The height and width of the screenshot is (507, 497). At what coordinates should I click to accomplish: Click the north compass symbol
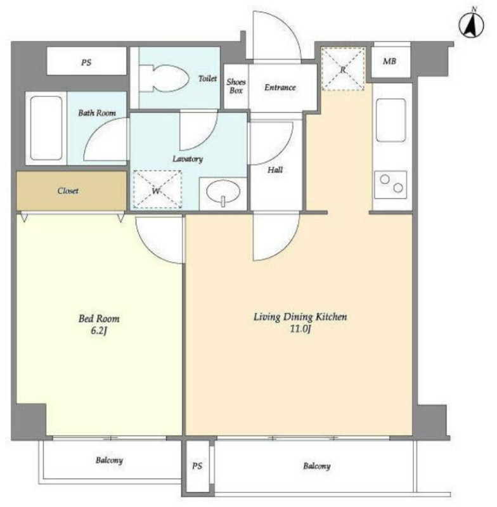coord(472,24)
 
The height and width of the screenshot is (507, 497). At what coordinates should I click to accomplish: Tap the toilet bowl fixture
coord(164,78)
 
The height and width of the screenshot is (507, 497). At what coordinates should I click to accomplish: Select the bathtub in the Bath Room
coord(46,129)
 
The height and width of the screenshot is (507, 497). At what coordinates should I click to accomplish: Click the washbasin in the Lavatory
coord(223,193)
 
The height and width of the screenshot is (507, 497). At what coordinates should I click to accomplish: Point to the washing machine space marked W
coord(157,189)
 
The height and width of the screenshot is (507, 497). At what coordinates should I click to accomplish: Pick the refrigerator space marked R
coord(344,68)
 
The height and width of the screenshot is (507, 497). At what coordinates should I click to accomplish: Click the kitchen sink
coord(391,120)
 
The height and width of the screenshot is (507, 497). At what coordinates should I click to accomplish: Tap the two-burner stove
coord(390,184)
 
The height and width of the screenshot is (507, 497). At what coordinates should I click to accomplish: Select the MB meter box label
coord(389,61)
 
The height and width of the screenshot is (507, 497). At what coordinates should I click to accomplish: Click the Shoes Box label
coord(236,86)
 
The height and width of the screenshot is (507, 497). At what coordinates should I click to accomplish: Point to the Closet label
coord(68,191)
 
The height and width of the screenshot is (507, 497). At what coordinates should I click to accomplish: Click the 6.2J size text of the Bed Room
coord(99,331)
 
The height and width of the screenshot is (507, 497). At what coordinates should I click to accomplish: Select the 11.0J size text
coord(300,329)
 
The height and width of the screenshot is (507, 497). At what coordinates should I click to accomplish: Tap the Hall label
coord(275,170)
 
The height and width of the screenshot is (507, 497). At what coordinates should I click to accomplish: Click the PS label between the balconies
coord(197,466)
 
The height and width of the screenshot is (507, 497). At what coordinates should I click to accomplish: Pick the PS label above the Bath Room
coord(86,62)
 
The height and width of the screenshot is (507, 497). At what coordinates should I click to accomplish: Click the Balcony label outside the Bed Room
coord(109,460)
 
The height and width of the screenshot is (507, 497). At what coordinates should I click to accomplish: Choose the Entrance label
coord(280,87)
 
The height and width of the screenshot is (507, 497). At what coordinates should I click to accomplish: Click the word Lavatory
coord(188,159)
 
